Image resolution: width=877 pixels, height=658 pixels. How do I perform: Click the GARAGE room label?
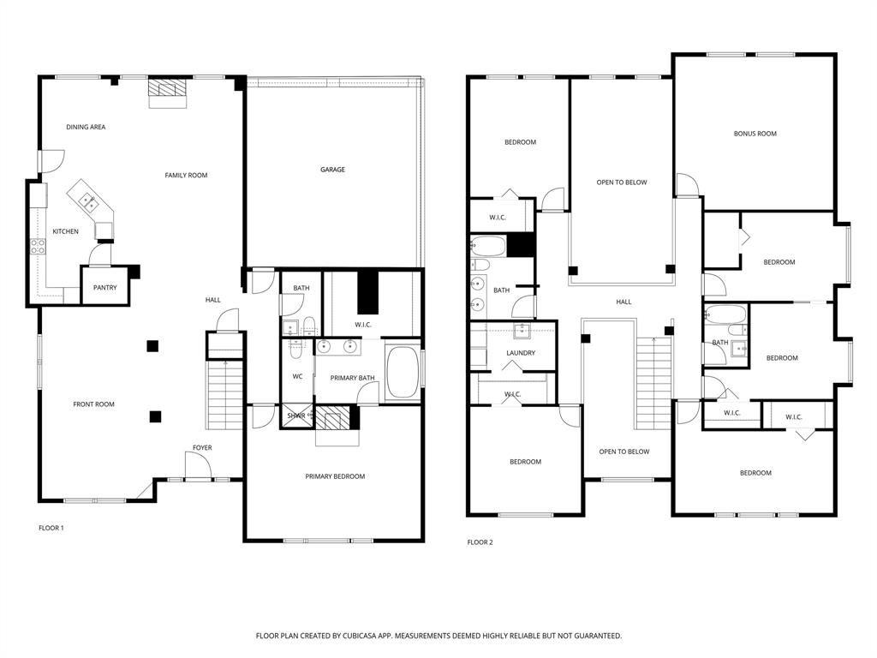pos(332,170)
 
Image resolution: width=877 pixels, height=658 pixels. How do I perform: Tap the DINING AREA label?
pos(86,127)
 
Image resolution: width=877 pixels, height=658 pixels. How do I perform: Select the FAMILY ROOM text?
pos(186,176)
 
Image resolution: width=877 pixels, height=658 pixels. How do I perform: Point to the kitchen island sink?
pos(87,201)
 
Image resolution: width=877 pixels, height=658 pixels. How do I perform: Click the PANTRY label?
pos(104,288)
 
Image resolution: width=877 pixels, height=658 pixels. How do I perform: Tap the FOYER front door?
pos(198,467)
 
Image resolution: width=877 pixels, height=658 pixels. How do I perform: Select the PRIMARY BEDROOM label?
pos(335,476)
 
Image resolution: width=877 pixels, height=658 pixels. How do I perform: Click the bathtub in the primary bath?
pos(402,372)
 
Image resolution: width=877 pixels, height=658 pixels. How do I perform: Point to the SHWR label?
pos(295,416)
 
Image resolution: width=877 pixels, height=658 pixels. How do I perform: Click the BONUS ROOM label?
pos(755,134)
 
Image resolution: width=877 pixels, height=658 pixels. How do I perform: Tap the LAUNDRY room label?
pos(521,353)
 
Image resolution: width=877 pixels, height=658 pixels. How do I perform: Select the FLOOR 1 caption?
pos(51,528)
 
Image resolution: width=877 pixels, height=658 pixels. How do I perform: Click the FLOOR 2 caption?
pos(480,542)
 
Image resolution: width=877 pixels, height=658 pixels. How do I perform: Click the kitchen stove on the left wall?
pos(39,246)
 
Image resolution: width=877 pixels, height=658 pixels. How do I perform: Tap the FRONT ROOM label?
pos(93,404)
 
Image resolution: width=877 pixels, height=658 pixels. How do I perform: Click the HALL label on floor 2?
pos(623,302)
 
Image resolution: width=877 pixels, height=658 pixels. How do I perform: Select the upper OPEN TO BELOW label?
pos(621,182)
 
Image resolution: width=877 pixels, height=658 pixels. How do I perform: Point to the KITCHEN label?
pos(65,231)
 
